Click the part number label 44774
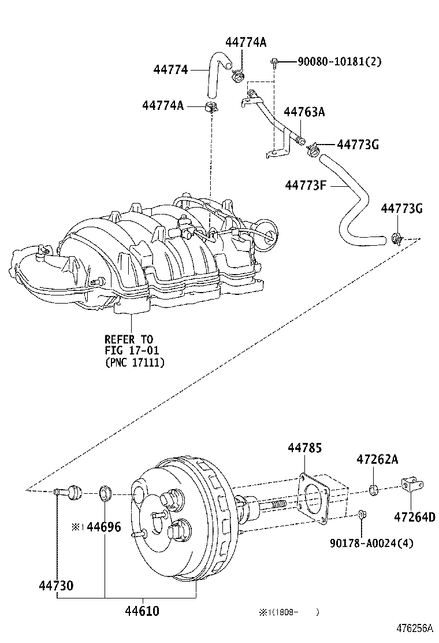[170, 70]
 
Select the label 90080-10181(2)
[339, 61]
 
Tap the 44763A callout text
[304, 112]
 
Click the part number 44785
[304, 448]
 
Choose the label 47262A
[377, 460]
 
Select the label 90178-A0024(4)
[371, 543]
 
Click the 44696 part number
[104, 527]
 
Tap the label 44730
[56, 586]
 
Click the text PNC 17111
[138, 363]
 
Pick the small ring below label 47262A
[374, 491]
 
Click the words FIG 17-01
[131, 351]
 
